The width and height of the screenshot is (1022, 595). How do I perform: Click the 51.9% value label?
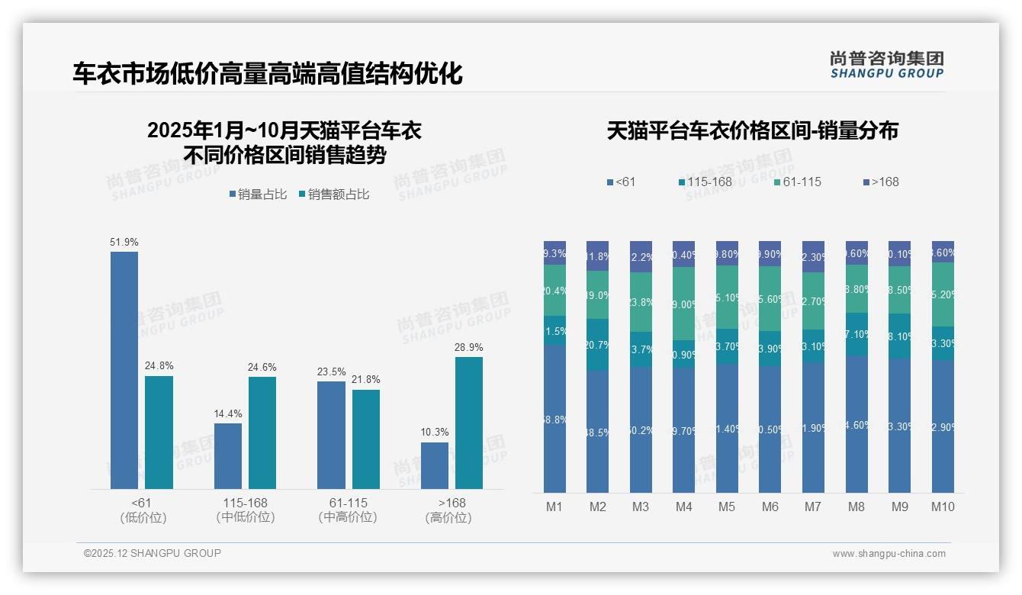pos(124,243)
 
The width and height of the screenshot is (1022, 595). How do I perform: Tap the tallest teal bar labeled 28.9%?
pos(469,423)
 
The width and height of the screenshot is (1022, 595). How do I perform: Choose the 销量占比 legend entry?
pos(258,195)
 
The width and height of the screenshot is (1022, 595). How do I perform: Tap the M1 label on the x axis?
pos(554,507)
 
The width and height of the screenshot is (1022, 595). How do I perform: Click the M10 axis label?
pos(943,507)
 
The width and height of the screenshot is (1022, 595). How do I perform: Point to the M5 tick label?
pos(727,507)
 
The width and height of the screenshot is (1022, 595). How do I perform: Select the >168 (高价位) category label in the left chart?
pos(452,510)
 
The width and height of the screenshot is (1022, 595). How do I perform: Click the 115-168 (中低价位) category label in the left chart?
pos(245,510)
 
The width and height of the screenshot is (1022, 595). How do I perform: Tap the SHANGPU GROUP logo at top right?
pos(887,65)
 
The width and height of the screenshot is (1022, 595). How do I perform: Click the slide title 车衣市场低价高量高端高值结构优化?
pos(268,74)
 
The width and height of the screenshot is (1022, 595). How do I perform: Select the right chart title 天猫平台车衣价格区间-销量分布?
pos(753,130)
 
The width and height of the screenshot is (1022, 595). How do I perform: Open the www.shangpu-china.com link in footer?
pos(889,554)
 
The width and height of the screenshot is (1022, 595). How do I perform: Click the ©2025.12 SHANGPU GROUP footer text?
pos(153,553)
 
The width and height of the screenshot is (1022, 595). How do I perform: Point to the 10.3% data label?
pos(435,433)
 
